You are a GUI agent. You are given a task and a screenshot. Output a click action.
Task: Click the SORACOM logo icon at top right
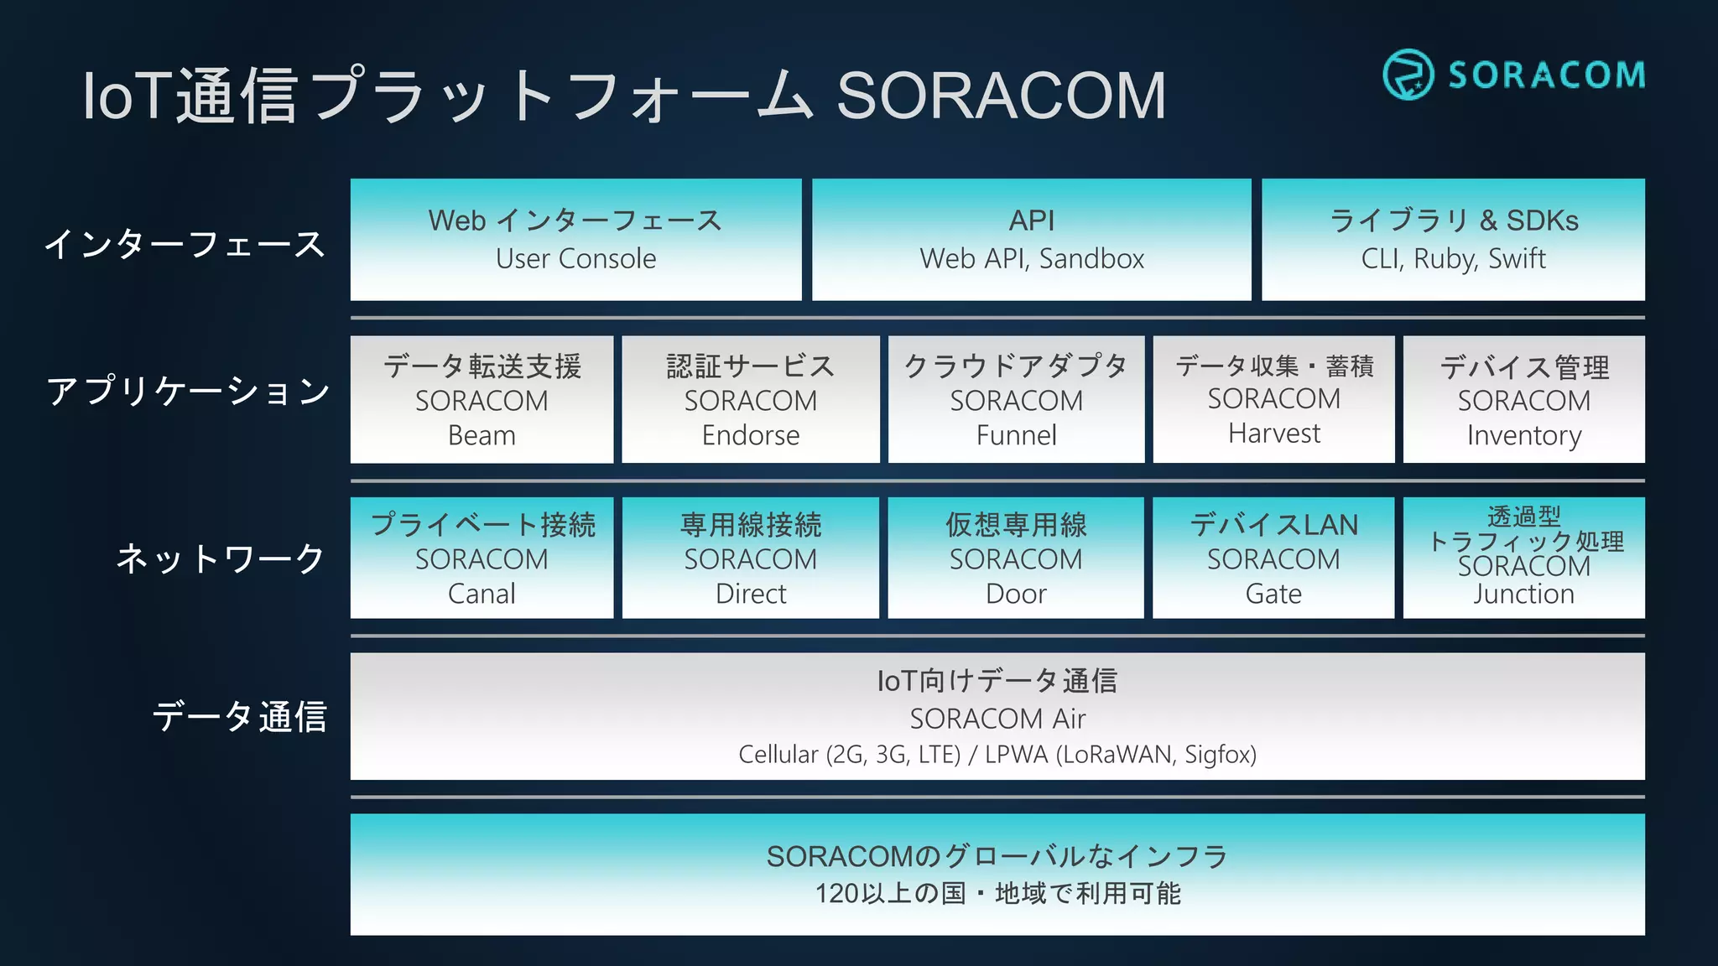click(1408, 75)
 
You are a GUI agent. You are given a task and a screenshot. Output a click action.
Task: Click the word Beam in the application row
click(482, 436)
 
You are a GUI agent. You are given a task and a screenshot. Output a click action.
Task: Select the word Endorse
click(751, 436)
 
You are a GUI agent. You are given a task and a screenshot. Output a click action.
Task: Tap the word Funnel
click(1016, 436)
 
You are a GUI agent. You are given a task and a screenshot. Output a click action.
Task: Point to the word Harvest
click(1273, 434)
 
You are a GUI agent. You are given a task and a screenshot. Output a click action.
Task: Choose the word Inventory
click(1523, 436)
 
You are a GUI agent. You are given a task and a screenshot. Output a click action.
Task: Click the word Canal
click(482, 594)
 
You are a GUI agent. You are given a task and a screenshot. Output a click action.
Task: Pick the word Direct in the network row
click(751, 594)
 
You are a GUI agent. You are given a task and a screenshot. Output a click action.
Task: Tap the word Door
click(1016, 594)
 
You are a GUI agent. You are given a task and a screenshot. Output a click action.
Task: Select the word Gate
click(1273, 594)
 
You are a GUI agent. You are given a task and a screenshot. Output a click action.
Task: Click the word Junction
click(1523, 594)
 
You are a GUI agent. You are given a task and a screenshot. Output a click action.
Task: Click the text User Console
click(575, 259)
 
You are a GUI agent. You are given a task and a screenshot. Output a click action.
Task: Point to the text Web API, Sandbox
click(1032, 259)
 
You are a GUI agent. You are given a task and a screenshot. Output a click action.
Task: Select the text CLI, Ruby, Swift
click(1453, 259)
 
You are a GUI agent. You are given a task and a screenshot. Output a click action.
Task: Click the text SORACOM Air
click(997, 719)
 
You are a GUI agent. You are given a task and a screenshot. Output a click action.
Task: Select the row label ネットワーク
click(220, 558)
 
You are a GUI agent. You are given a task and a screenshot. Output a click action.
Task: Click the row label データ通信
click(239, 717)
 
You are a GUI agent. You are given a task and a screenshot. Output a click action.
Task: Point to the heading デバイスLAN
click(1273, 525)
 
